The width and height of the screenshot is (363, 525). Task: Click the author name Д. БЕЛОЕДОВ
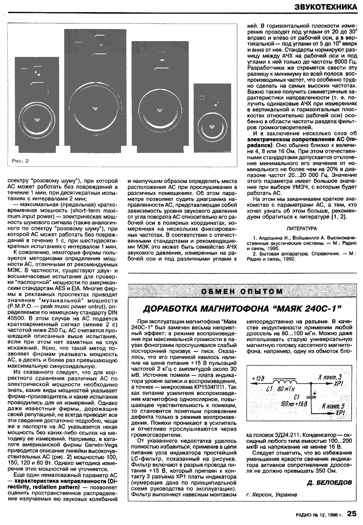(x=329, y=483)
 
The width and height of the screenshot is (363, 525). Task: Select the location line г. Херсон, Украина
(x=272, y=494)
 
